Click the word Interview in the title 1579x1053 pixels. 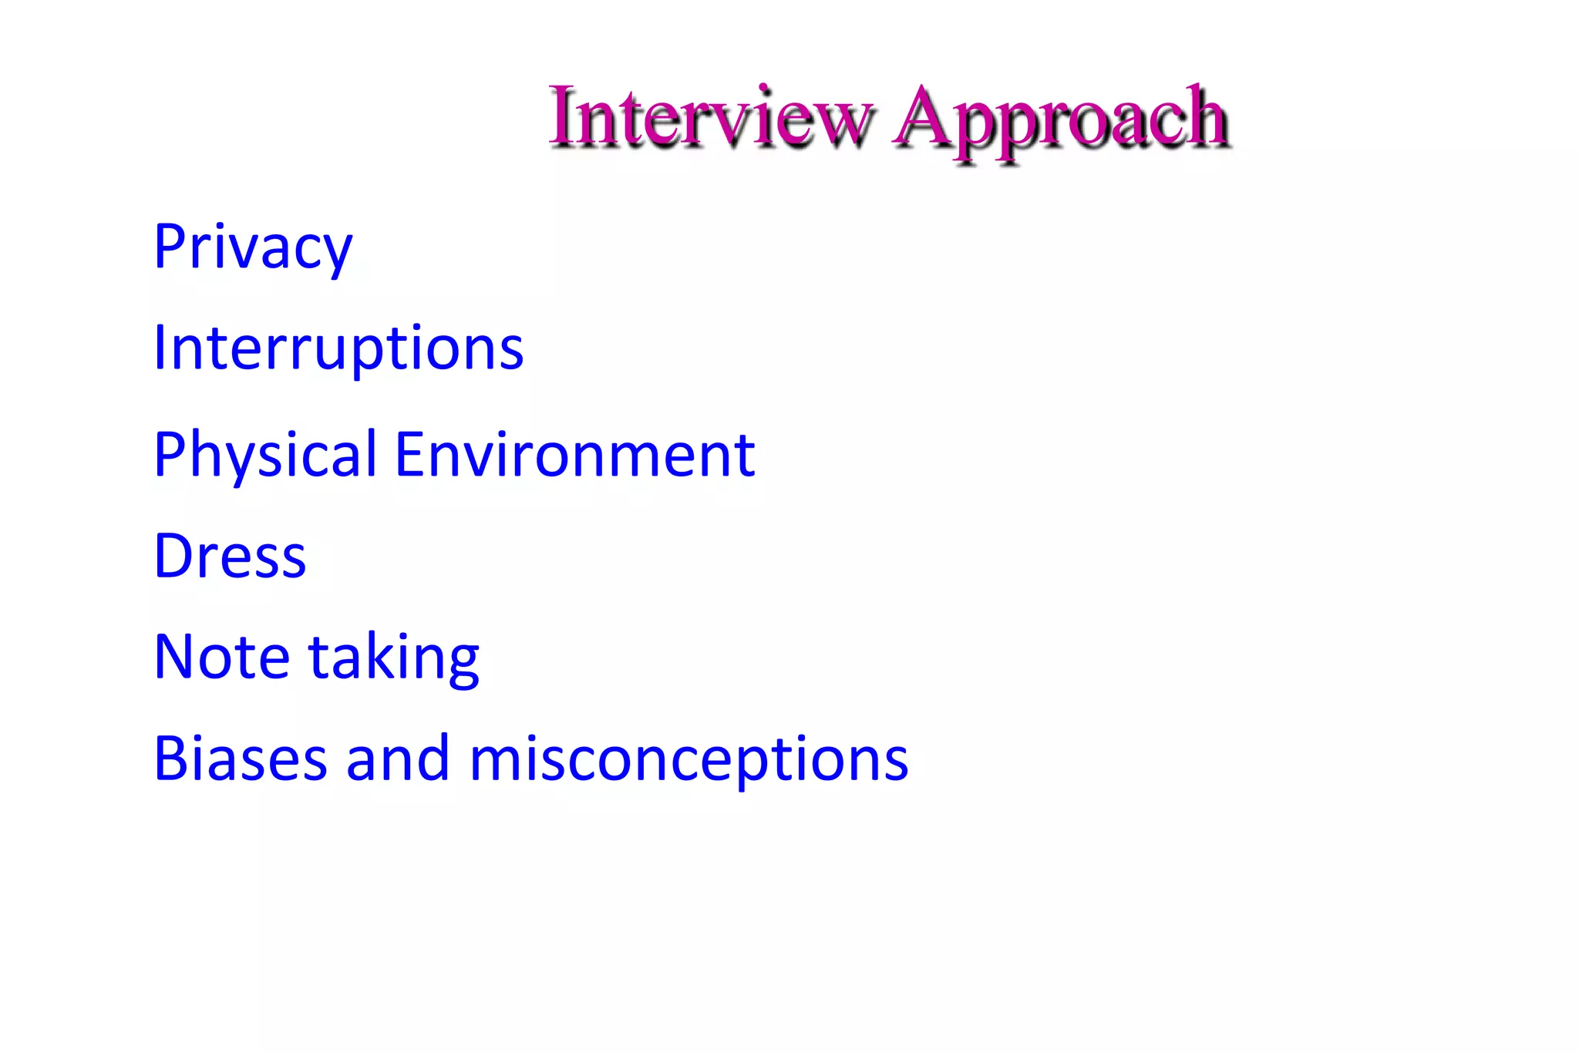pyautogui.click(x=711, y=117)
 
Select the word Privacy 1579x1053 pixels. pyautogui.click(x=253, y=247)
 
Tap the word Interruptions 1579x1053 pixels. pyautogui.click(x=338, y=348)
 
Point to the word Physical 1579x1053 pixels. pyautogui.click(x=265, y=455)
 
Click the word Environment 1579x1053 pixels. pyautogui.click(x=574, y=455)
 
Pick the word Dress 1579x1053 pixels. pyautogui.click(x=230, y=556)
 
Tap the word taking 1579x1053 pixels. pyautogui.click(x=394, y=659)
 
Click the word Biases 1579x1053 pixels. pyautogui.click(x=239, y=759)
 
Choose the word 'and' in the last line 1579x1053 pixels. pyautogui.click(x=398, y=759)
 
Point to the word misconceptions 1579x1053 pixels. pyautogui.click(x=688, y=762)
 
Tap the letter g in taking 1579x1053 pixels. pyautogui.click(x=462, y=664)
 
